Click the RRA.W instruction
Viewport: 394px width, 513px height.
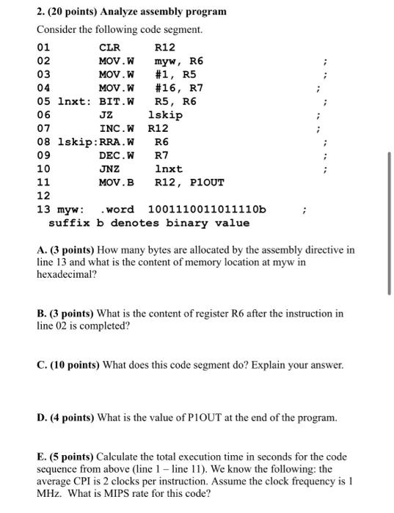pyautogui.click(x=117, y=141)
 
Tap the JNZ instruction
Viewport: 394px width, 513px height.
pyautogui.click(x=110, y=169)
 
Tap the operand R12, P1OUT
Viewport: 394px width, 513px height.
pyautogui.click(x=189, y=182)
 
